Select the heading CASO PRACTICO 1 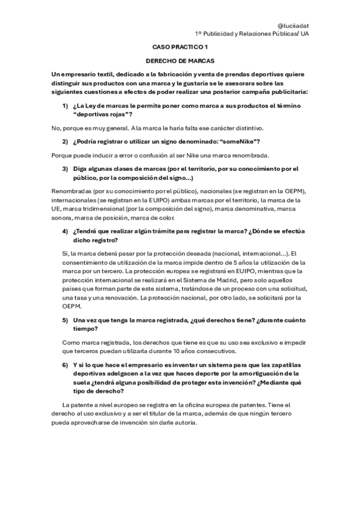[x=179, y=47]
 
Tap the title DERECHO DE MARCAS [x=180, y=61]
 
